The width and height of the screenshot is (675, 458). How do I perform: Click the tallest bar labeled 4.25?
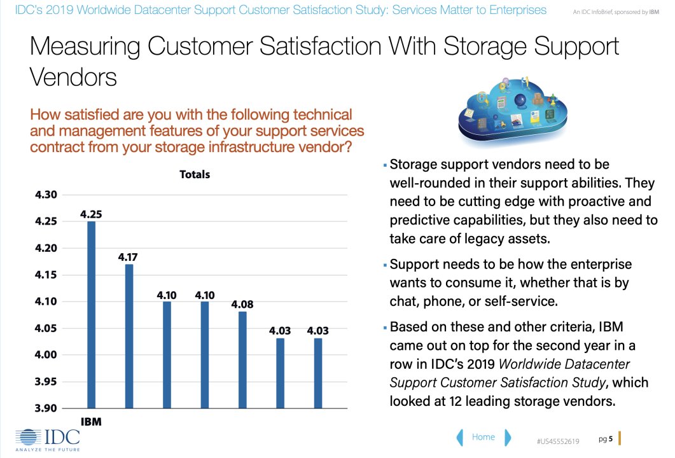click(92, 314)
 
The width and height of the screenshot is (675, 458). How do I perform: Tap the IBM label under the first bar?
click(91, 422)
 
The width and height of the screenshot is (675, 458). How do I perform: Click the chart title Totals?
click(195, 174)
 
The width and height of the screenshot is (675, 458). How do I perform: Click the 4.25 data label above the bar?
click(92, 214)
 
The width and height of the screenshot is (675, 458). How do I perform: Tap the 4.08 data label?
click(242, 304)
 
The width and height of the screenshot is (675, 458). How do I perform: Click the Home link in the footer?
click(484, 437)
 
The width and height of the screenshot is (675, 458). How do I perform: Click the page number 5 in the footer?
click(611, 439)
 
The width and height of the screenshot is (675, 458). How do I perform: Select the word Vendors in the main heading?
click(73, 77)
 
